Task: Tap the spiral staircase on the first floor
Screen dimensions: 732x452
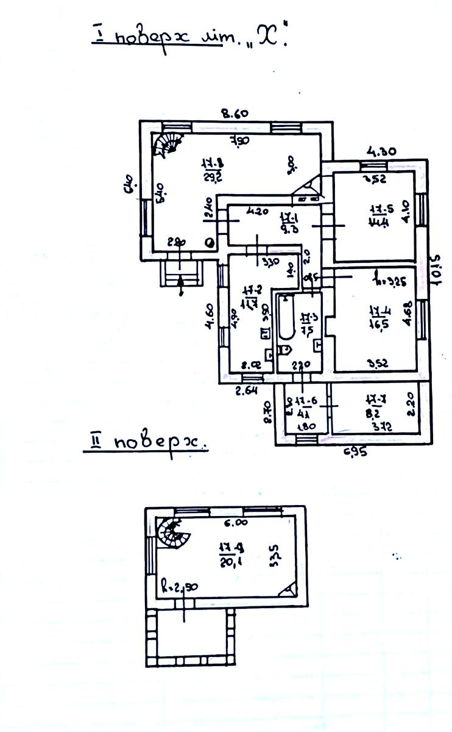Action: pyautogui.click(x=167, y=144)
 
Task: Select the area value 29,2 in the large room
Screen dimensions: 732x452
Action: pyautogui.click(x=211, y=177)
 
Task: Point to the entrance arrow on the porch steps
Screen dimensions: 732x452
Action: pyautogui.click(x=182, y=285)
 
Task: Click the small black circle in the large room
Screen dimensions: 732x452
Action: pyautogui.click(x=210, y=243)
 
